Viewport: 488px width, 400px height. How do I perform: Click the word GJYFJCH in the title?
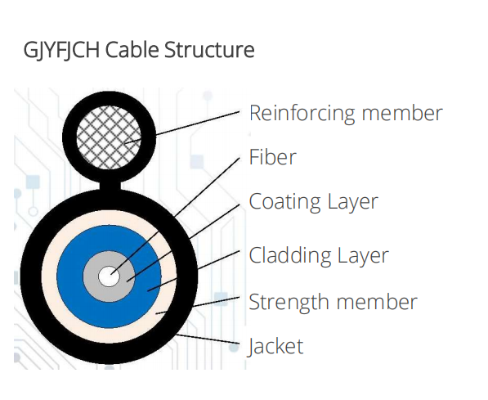tap(61, 50)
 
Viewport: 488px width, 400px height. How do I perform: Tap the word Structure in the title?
tap(209, 50)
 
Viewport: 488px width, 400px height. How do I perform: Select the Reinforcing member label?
tap(346, 114)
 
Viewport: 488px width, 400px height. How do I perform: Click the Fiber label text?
tap(273, 157)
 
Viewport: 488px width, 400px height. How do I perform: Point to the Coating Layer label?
tap(313, 202)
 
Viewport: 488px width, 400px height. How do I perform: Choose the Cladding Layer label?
tap(319, 255)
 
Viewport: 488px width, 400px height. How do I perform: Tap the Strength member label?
tap(333, 302)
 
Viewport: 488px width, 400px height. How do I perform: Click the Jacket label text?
tap(275, 346)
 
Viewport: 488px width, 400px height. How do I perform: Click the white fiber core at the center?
tap(109, 276)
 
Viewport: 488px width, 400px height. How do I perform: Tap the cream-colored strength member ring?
tap(48, 276)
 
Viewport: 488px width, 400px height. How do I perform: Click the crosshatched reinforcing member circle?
tap(109, 137)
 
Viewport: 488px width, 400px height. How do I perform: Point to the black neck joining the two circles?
tap(110, 186)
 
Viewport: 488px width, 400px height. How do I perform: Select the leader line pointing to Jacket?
tap(208, 339)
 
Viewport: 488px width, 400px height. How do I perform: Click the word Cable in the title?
tap(132, 50)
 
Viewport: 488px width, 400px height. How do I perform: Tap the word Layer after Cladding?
tap(363, 255)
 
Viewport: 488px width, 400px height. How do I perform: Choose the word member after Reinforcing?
tap(402, 113)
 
